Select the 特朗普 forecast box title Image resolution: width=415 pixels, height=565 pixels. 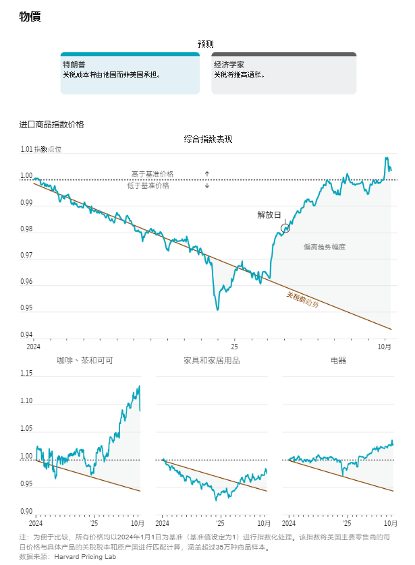(x=74, y=65)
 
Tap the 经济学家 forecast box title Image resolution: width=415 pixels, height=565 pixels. (x=229, y=65)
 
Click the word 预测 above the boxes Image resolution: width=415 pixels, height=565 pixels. (x=206, y=44)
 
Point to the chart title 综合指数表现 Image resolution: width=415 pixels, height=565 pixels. (x=208, y=139)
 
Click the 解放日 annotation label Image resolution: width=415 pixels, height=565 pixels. (x=269, y=215)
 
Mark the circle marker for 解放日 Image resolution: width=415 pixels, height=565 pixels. (x=285, y=229)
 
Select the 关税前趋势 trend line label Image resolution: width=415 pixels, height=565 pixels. (x=302, y=300)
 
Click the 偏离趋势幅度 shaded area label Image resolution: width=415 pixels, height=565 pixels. (x=325, y=247)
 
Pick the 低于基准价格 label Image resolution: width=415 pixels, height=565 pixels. (x=148, y=185)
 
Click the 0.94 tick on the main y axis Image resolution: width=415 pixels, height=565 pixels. (x=26, y=335)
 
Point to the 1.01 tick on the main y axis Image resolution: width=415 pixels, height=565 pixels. (x=26, y=150)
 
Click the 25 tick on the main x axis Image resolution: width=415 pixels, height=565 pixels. (x=235, y=346)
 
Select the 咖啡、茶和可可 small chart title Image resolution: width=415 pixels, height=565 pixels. (x=85, y=361)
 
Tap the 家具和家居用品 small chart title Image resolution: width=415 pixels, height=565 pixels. (x=212, y=361)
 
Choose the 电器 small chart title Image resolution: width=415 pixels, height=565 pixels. (x=338, y=361)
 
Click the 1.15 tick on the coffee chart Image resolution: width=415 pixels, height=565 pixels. (x=26, y=373)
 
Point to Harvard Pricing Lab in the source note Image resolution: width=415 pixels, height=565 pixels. (x=85, y=557)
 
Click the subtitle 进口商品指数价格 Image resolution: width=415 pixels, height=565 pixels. (x=52, y=124)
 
